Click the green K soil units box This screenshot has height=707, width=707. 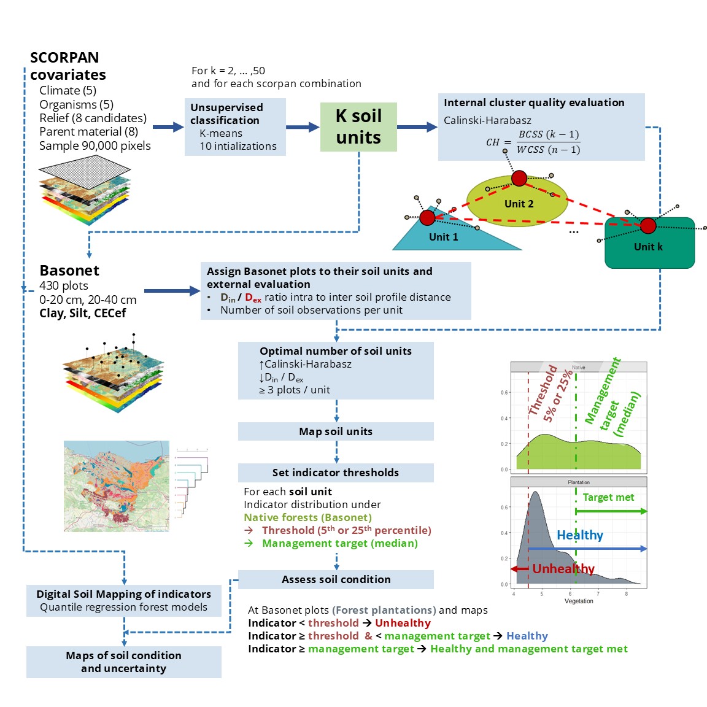(x=358, y=127)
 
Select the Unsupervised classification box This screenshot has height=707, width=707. (x=235, y=126)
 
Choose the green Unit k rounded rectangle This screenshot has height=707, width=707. (x=649, y=246)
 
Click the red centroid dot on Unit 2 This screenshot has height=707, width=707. (x=519, y=179)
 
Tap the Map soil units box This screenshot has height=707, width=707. (x=336, y=431)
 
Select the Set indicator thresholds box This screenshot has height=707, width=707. (x=336, y=473)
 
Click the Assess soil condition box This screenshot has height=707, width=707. (x=336, y=579)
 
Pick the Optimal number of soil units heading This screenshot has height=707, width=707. (x=336, y=351)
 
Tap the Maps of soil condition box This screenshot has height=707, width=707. (x=123, y=662)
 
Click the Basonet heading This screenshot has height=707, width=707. (x=69, y=271)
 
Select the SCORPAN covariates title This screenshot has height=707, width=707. (x=68, y=66)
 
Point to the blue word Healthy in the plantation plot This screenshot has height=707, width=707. (x=580, y=535)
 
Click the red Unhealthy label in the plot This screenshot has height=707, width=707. (x=563, y=569)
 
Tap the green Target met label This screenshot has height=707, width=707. (x=608, y=497)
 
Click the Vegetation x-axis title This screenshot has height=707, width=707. (x=579, y=601)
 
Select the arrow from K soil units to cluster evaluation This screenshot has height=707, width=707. (x=417, y=127)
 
